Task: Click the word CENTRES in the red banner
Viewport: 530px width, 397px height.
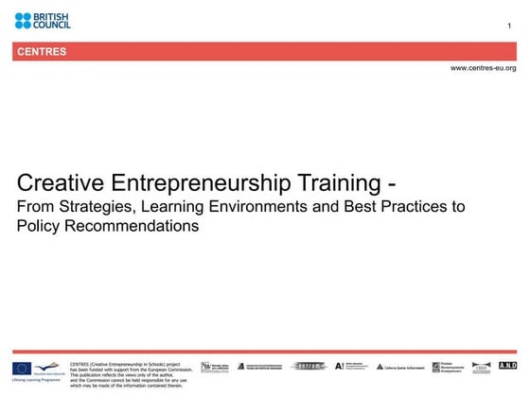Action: (x=42, y=52)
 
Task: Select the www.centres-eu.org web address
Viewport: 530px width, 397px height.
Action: (x=483, y=68)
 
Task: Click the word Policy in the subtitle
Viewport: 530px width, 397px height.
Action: (x=40, y=227)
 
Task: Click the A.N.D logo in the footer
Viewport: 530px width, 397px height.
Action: (x=507, y=366)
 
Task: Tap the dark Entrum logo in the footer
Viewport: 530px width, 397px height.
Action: (x=309, y=366)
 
